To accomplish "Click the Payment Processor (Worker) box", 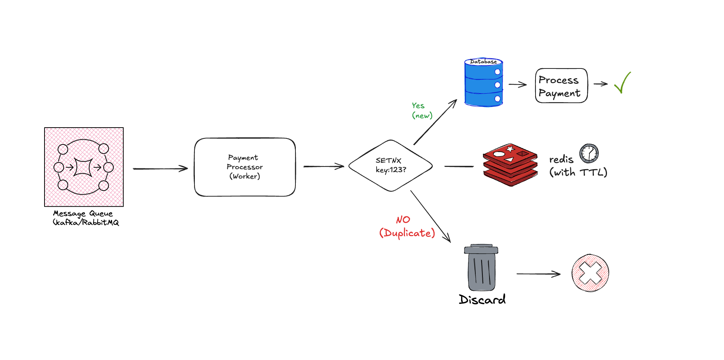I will point(245,167).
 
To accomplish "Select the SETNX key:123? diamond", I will point(390,165).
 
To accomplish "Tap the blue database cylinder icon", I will point(483,83).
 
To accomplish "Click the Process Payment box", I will point(561,86).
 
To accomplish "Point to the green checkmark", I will point(622,83).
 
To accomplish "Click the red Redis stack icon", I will point(510,165).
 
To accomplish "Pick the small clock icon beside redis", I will point(589,153).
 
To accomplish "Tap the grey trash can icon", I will point(481,268).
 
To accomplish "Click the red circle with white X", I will point(590,273).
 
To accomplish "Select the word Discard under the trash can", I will point(482,300).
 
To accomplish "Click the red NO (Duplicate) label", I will point(407,227).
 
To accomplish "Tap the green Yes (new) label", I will point(422,111).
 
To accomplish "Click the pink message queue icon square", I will point(84,167).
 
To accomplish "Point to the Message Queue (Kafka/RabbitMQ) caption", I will point(86,218).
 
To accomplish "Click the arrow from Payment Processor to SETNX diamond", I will point(323,167).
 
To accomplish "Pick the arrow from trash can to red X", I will point(538,274).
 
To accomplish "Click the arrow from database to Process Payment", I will point(518,85).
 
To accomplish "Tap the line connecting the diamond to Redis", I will point(459,166).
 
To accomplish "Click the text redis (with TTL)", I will point(577,166).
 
